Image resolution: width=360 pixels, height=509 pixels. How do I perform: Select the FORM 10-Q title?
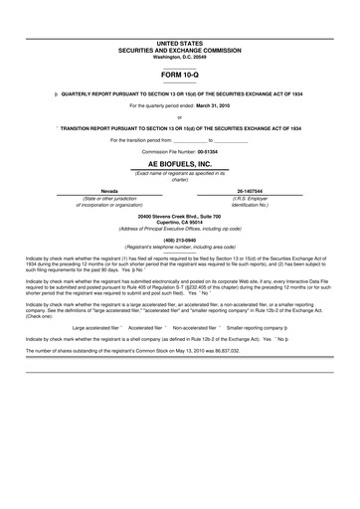(x=180, y=75)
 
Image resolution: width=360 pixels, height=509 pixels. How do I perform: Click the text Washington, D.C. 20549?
(x=180, y=57)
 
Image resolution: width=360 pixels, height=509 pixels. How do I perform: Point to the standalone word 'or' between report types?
(x=180, y=117)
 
